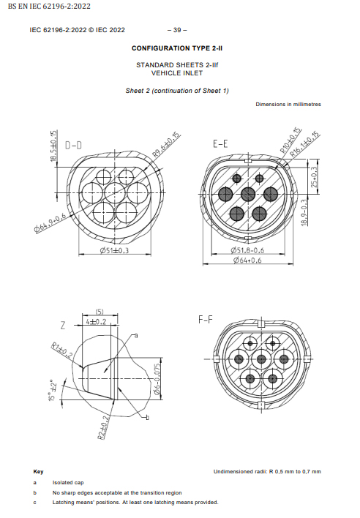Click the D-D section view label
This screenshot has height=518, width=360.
pyautogui.click(x=73, y=145)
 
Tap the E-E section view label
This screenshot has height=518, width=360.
pyautogui.click(x=220, y=143)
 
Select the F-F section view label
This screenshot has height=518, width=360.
pyautogui.click(x=206, y=320)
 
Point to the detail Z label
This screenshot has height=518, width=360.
pyautogui.click(x=63, y=326)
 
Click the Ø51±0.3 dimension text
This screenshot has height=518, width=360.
pyautogui.click(x=114, y=250)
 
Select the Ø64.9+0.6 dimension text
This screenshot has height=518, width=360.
pyautogui.click(x=50, y=223)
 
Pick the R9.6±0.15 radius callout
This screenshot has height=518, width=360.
pyautogui.click(x=166, y=144)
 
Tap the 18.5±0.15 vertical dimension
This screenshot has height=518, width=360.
pyautogui.click(x=53, y=146)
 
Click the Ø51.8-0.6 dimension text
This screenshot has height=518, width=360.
pyautogui.click(x=247, y=250)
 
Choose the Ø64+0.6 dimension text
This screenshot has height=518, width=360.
pyautogui.click(x=247, y=260)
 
